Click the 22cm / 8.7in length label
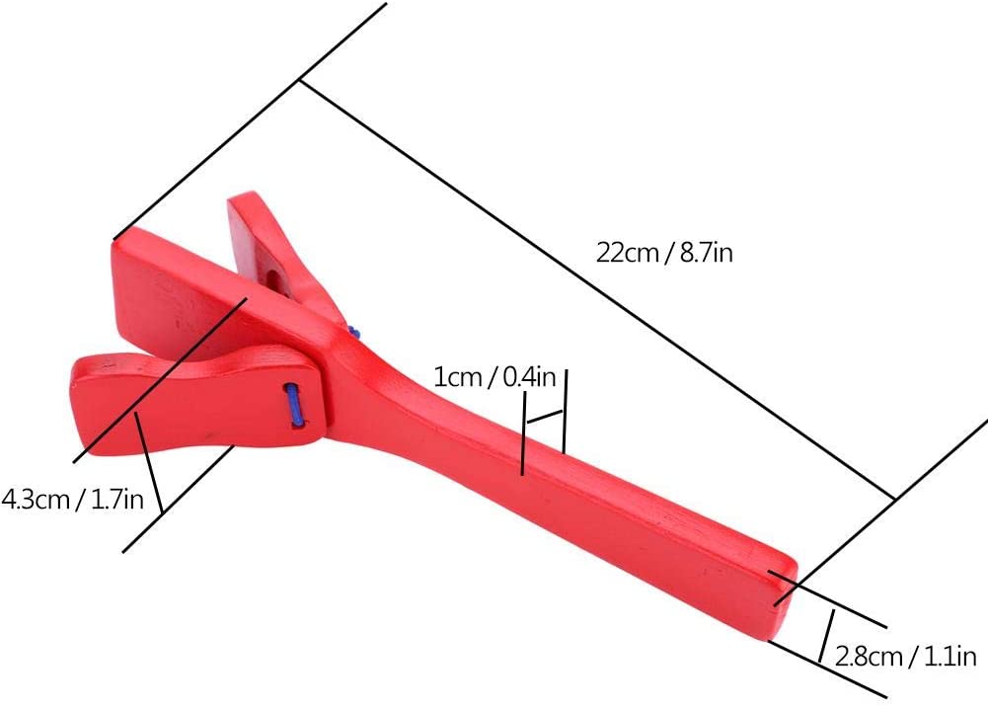[x=664, y=254]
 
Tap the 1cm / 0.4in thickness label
[x=495, y=377]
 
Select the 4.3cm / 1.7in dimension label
[x=72, y=500]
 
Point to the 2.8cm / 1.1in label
[x=905, y=657]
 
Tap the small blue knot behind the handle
[x=353, y=332]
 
